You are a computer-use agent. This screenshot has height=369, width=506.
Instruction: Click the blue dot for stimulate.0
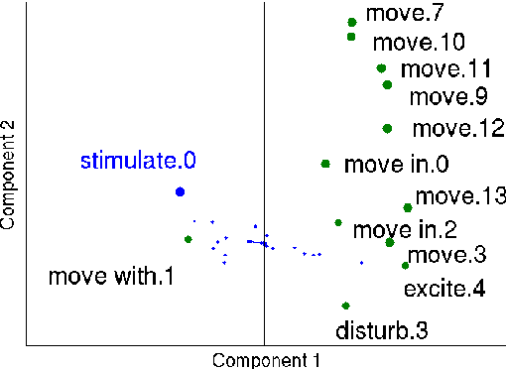[x=180, y=191]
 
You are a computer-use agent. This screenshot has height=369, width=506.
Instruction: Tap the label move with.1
[x=111, y=276]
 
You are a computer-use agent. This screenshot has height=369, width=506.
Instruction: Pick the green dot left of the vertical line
[x=188, y=239]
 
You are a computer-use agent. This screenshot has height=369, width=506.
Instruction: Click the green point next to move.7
[x=352, y=22]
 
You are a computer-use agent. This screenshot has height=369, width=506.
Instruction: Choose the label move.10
[x=418, y=43]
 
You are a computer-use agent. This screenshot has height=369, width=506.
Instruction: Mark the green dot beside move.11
[x=382, y=68]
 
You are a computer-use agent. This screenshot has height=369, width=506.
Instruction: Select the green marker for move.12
[x=387, y=128]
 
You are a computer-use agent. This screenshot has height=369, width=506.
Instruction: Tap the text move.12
[x=451, y=128]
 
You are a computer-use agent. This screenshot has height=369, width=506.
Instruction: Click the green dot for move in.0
[x=325, y=164]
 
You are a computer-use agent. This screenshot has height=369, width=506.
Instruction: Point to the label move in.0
[x=397, y=165]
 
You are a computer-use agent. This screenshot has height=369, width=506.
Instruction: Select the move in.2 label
[x=405, y=231]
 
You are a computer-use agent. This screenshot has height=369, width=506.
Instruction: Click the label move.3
[x=446, y=255]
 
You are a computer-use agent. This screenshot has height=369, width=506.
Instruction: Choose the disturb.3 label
[x=382, y=328]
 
